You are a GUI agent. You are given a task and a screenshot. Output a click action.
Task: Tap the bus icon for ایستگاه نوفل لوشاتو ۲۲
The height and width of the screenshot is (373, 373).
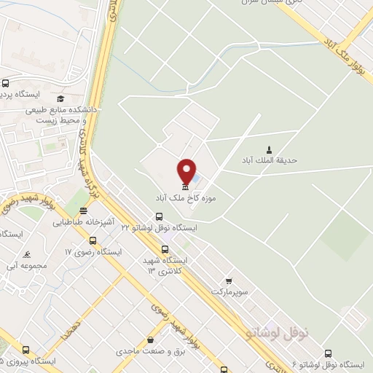point(160,216)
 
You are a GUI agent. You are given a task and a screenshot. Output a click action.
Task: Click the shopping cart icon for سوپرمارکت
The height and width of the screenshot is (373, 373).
point(229,280)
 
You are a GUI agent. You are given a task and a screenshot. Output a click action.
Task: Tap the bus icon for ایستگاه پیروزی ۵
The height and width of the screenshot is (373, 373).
point(26,350)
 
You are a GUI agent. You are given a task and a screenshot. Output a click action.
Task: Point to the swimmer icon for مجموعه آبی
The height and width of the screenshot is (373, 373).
point(27,254)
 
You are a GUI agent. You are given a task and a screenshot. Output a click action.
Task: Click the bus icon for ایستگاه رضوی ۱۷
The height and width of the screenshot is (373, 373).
point(93,240)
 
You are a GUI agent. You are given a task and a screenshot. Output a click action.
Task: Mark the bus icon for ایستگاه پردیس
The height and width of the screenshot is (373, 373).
point(6,84)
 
